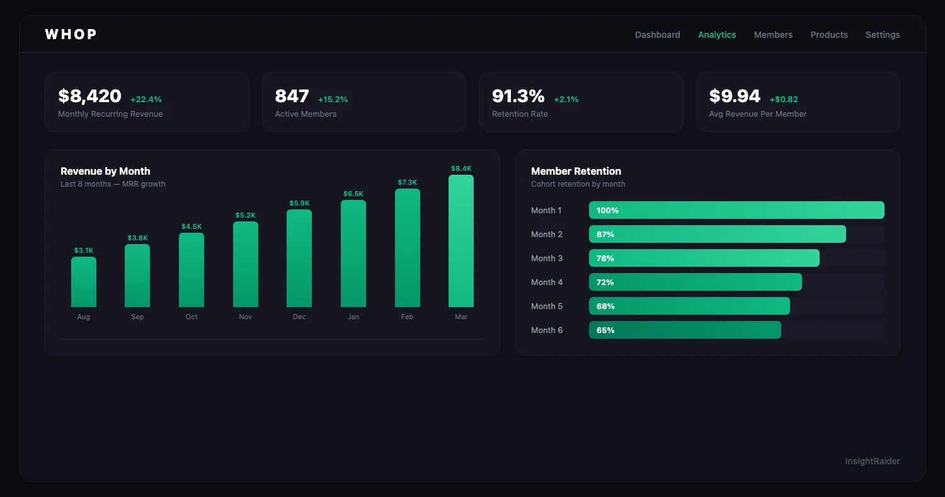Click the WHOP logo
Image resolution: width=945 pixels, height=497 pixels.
pyautogui.click(x=71, y=34)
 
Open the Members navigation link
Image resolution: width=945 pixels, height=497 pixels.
pyautogui.click(x=773, y=35)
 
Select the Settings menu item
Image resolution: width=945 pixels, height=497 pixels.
pyautogui.click(x=882, y=35)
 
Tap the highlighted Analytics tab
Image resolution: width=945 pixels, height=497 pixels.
pyautogui.click(x=716, y=35)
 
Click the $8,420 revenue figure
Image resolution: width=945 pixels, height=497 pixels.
pyautogui.click(x=89, y=96)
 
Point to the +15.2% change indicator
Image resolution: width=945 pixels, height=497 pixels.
pyautogui.click(x=333, y=100)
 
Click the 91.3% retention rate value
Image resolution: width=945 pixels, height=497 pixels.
pyautogui.click(x=518, y=96)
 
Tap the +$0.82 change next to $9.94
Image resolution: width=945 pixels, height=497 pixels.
pyautogui.click(x=783, y=100)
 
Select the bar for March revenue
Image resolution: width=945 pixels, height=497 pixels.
pyautogui.click(x=461, y=241)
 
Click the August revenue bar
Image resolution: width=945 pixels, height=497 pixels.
pyautogui.click(x=83, y=282)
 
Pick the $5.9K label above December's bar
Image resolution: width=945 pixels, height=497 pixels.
pyautogui.click(x=299, y=203)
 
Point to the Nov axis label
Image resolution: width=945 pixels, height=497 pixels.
pyautogui.click(x=245, y=317)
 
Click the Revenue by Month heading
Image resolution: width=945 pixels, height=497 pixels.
pyautogui.click(x=105, y=171)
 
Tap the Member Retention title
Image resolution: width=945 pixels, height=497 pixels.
pyautogui.click(x=575, y=171)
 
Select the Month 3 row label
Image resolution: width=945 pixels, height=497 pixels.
pyautogui.click(x=546, y=258)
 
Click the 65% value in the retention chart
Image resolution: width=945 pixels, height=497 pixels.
pyautogui.click(x=605, y=330)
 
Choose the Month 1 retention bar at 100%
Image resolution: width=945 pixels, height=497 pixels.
pyautogui.click(x=736, y=210)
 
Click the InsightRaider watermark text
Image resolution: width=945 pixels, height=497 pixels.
pyautogui.click(x=872, y=461)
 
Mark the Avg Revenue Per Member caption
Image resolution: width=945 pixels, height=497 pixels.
pyautogui.click(x=757, y=114)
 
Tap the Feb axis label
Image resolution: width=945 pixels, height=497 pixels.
pyautogui.click(x=407, y=317)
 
